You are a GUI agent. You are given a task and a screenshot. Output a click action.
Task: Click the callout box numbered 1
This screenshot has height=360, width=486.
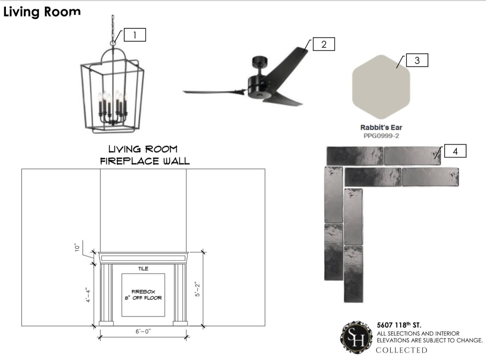[135, 35]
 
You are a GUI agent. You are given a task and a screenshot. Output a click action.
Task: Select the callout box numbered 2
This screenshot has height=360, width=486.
[324, 44]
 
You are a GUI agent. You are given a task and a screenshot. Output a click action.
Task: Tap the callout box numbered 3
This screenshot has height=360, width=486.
[417, 60]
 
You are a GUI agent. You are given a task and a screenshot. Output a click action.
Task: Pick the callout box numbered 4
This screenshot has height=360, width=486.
[455, 151]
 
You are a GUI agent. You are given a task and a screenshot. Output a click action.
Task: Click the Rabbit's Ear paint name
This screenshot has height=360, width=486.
[381, 127]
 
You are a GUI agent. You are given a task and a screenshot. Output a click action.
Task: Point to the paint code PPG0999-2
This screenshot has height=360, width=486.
[381, 136]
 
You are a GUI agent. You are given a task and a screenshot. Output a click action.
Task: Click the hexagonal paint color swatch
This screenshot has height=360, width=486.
[381, 87]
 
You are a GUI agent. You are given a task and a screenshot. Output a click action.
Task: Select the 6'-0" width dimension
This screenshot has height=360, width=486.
[143, 331]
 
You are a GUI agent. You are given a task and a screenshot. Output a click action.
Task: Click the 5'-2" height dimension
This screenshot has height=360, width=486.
[197, 289]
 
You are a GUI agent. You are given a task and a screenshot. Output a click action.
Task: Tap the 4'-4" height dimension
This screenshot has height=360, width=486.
[88, 295]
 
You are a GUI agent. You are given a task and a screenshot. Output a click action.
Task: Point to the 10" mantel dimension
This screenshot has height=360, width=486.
[77, 247]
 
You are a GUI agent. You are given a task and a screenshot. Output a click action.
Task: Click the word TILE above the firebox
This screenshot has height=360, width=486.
[143, 269]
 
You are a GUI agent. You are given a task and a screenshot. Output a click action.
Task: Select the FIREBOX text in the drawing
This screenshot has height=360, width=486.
[143, 292]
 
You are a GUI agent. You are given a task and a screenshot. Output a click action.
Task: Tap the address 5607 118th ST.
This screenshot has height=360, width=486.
[399, 325]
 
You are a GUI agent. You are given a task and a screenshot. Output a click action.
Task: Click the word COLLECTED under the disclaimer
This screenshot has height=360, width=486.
[402, 350]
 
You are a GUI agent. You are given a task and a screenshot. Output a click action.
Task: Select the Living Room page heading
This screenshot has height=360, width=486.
[42, 12]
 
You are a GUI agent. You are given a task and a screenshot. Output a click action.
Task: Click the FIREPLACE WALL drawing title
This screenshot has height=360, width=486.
[145, 161]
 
